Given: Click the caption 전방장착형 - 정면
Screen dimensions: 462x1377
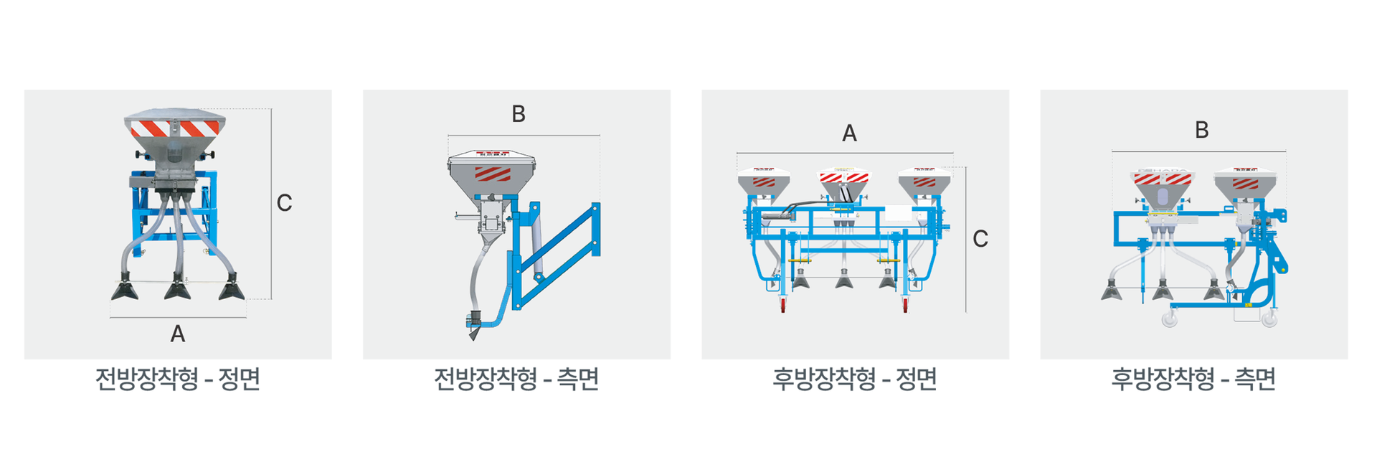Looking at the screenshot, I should click(177, 379).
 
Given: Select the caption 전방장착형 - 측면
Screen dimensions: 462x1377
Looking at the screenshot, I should click(516, 379).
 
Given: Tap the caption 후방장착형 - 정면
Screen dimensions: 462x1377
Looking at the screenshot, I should click(855, 379).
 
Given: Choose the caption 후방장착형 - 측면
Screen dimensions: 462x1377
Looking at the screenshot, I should click(1193, 379).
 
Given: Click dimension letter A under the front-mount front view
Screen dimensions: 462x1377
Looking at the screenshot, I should click(178, 334).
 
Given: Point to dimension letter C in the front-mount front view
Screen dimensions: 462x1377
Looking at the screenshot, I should click(284, 203).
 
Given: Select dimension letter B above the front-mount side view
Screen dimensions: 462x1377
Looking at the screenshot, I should click(519, 114).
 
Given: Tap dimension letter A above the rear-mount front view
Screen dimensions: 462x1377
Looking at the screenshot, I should click(849, 133).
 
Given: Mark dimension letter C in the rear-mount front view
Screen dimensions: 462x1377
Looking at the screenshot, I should click(980, 239).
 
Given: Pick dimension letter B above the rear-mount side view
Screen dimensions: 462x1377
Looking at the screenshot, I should click(1202, 130).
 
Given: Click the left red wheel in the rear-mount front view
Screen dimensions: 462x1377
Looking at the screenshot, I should click(782, 306).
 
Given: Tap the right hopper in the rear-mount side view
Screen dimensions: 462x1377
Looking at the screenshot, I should click(1245, 184).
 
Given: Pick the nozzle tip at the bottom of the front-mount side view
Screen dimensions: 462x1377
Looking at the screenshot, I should click(473, 331).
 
